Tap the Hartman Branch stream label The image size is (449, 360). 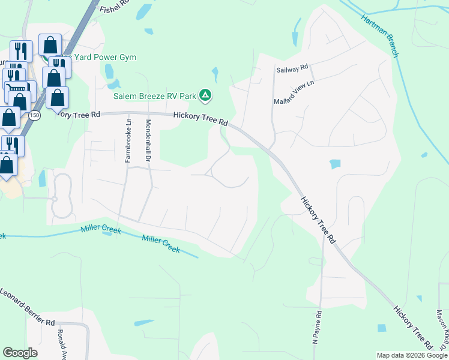[x=380, y=35]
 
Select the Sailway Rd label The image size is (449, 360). [x=292, y=69]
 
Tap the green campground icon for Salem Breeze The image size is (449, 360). [x=205, y=95]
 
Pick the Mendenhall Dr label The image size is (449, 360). [x=147, y=142]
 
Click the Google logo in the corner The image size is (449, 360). [x=20, y=353]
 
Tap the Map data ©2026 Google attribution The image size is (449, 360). [x=412, y=355]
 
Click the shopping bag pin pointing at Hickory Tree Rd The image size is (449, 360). [x=57, y=98]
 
